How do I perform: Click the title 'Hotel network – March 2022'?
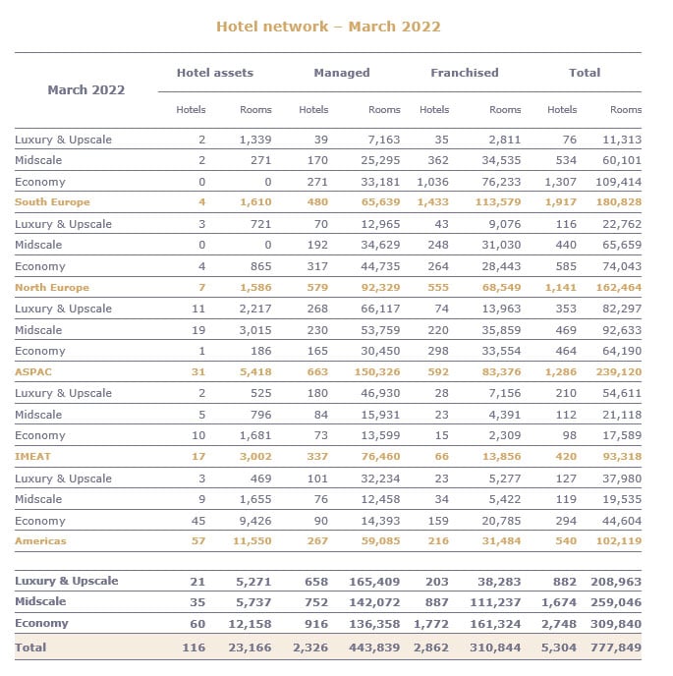point(328,27)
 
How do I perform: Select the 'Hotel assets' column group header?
point(214,73)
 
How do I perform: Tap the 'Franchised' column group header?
point(464,73)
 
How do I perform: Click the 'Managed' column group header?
point(341,73)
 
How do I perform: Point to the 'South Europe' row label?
point(52,202)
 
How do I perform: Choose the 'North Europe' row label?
point(52,288)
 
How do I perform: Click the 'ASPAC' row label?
point(33,372)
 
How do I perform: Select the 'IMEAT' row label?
point(33,457)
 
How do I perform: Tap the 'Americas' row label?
point(40,541)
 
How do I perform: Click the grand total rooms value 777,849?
point(617,648)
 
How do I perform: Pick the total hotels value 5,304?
point(559,648)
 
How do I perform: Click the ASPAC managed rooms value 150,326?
point(376,372)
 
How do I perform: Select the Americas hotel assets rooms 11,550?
point(250,541)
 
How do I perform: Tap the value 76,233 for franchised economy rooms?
point(500,182)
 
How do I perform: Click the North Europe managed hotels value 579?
point(317,288)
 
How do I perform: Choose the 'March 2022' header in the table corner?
point(86,90)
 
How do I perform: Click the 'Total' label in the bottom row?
point(30,648)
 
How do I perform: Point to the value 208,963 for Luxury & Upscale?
point(617,581)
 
